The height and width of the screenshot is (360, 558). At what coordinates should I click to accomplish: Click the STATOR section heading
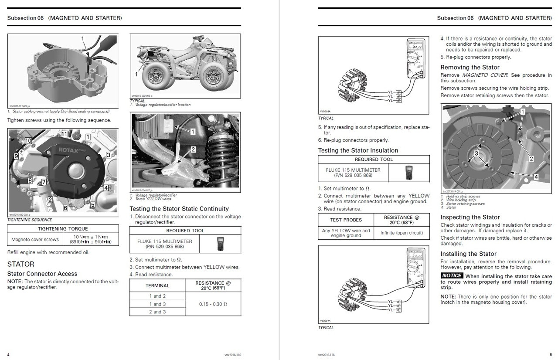[x=20, y=264]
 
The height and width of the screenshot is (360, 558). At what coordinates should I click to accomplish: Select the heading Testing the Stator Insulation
[x=358, y=150]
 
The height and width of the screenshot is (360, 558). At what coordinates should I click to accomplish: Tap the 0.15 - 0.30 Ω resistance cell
[x=213, y=304]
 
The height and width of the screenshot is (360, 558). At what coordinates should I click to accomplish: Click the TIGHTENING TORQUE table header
[x=63, y=229]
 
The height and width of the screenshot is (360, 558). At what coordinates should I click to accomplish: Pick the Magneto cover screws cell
[x=35, y=239]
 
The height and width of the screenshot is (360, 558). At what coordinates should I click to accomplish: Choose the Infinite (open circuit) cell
[x=401, y=233]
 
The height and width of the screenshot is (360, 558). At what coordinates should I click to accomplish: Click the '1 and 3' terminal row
[x=157, y=304]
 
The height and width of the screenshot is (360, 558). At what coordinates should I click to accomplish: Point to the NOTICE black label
[x=452, y=275]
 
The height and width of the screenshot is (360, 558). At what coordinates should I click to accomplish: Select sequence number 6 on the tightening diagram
[x=65, y=208]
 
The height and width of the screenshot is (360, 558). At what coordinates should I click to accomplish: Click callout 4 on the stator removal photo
[x=536, y=177]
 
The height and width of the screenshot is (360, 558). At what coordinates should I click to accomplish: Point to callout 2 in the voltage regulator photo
[x=193, y=149]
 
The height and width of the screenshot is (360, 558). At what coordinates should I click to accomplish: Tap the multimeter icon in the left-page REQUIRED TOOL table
[x=220, y=244]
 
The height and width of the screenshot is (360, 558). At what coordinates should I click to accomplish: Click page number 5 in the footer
[x=550, y=354]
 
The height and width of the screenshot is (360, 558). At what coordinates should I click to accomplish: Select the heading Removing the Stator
[x=470, y=68]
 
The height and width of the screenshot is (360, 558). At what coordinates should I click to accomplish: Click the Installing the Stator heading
[x=468, y=254]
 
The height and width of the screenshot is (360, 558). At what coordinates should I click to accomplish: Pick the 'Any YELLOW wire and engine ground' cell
[x=346, y=233]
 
